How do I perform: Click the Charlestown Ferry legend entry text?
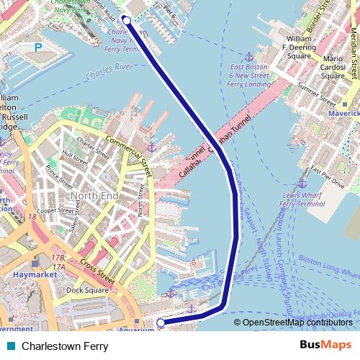point(65,346)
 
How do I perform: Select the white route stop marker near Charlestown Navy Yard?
point(127,20)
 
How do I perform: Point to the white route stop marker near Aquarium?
point(161,323)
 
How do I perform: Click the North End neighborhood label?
point(94,196)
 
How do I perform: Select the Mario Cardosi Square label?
point(333,66)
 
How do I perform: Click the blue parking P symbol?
point(37,48)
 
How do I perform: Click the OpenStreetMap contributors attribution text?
point(297,323)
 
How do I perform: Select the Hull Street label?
point(74,154)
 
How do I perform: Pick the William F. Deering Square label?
point(299,45)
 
